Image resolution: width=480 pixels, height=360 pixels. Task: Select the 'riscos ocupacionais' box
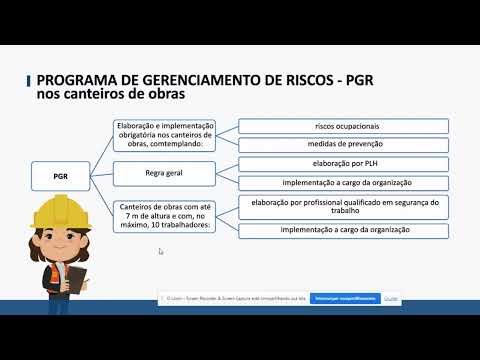pyautogui.click(x=343, y=126)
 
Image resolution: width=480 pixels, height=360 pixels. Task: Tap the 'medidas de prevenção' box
pyautogui.click(x=343, y=143)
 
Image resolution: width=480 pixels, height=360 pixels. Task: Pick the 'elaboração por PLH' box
pyautogui.click(x=343, y=165)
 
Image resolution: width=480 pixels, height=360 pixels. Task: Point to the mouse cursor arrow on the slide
pyautogui.click(x=160, y=251)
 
